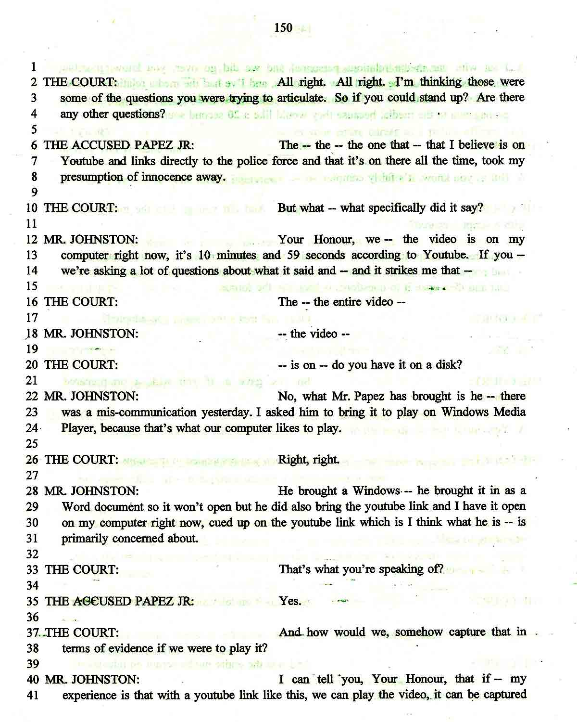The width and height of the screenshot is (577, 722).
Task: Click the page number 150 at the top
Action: click(283, 27)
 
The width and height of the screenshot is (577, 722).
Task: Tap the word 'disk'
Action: click(448, 365)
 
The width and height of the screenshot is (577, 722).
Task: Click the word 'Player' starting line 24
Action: click(79, 428)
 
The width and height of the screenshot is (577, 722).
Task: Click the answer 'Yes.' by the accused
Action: click(290, 601)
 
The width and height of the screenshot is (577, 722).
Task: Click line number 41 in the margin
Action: click(32, 696)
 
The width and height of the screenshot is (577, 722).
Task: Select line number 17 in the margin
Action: click(32, 318)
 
